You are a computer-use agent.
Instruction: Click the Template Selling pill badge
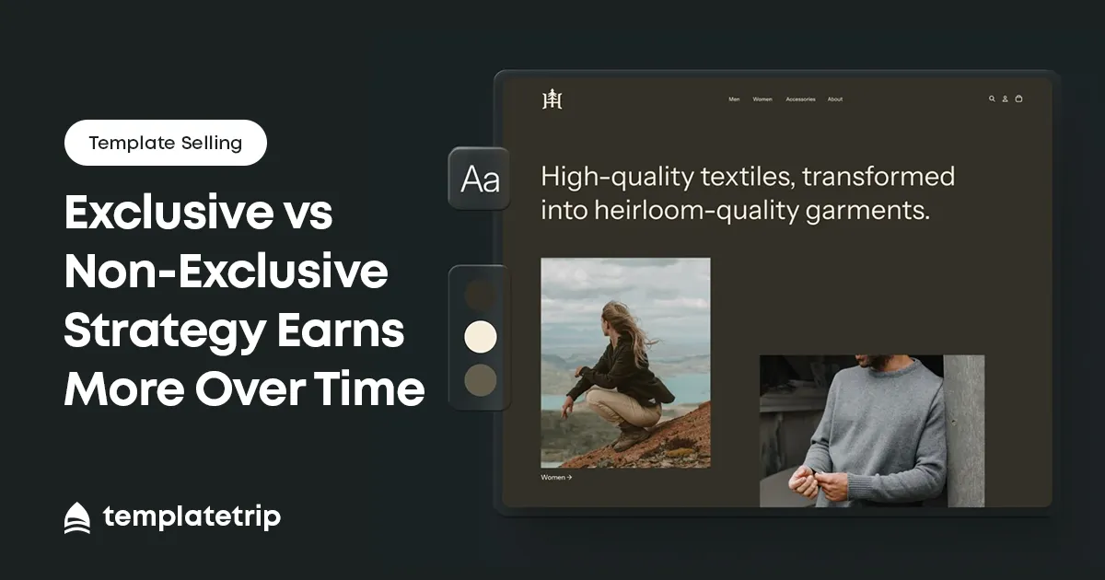(x=165, y=143)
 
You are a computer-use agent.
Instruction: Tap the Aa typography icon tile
(x=479, y=179)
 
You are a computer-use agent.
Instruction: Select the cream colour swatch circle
(x=480, y=336)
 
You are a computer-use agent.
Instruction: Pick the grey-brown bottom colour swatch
(x=480, y=380)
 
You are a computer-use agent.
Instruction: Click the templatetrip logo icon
(x=77, y=517)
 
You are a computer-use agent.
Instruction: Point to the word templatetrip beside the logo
(x=192, y=517)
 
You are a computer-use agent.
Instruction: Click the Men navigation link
(x=734, y=99)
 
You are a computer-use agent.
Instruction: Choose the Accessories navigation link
(x=800, y=99)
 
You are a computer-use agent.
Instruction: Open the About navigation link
(x=834, y=99)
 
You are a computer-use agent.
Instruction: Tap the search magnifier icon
(x=992, y=99)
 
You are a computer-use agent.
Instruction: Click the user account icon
(x=1005, y=99)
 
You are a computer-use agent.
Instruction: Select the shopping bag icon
(x=1018, y=99)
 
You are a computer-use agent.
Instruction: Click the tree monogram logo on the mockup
(x=552, y=99)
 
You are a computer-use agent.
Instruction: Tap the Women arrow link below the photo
(x=556, y=477)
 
